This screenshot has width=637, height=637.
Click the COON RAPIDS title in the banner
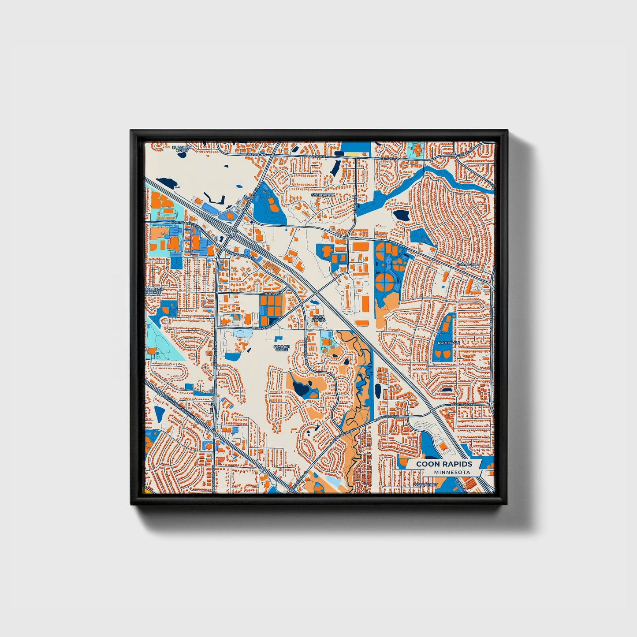coord(444,464)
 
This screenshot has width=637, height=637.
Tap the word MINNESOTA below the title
coord(451,472)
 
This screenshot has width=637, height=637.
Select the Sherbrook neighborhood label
coord(323,194)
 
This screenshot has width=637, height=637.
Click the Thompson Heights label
coord(154,291)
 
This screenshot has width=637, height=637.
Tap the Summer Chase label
coord(282,348)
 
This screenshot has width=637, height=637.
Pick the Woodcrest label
coord(425,485)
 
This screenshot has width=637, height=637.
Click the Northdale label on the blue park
coord(449,343)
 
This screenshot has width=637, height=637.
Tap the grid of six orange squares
coord(271,305)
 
